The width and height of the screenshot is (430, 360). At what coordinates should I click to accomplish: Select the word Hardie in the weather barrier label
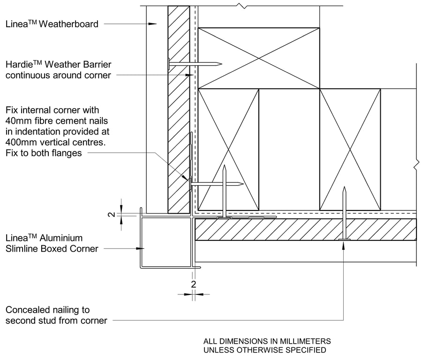(x=19, y=65)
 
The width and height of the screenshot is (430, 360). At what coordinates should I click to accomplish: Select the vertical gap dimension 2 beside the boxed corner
(x=111, y=214)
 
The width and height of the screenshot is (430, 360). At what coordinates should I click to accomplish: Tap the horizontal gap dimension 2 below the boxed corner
(x=193, y=284)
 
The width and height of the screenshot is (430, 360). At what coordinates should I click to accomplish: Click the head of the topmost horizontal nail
(x=169, y=63)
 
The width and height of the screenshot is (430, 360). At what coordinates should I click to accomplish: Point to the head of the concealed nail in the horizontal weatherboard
(x=344, y=240)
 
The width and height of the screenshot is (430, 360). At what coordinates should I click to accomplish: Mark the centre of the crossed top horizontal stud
(x=258, y=58)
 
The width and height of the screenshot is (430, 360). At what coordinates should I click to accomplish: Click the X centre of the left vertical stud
(x=228, y=150)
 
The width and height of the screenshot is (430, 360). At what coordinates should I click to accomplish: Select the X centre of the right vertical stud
(x=350, y=150)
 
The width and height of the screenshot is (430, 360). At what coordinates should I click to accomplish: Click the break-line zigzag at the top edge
(x=242, y=6)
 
